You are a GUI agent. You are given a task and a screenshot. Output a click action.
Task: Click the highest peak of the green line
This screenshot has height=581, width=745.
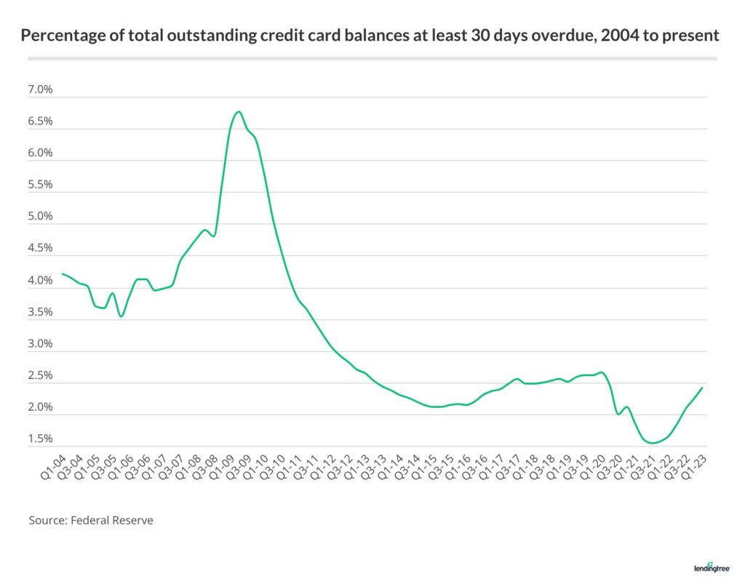[238, 111]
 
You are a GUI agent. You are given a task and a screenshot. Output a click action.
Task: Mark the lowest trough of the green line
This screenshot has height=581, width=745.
[653, 443]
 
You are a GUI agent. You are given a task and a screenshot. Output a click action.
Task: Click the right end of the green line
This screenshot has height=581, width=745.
[702, 388]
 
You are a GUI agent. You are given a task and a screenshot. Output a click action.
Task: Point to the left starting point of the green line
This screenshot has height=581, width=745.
[62, 274]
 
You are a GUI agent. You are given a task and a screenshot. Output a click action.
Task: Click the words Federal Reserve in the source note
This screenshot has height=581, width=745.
[111, 521]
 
